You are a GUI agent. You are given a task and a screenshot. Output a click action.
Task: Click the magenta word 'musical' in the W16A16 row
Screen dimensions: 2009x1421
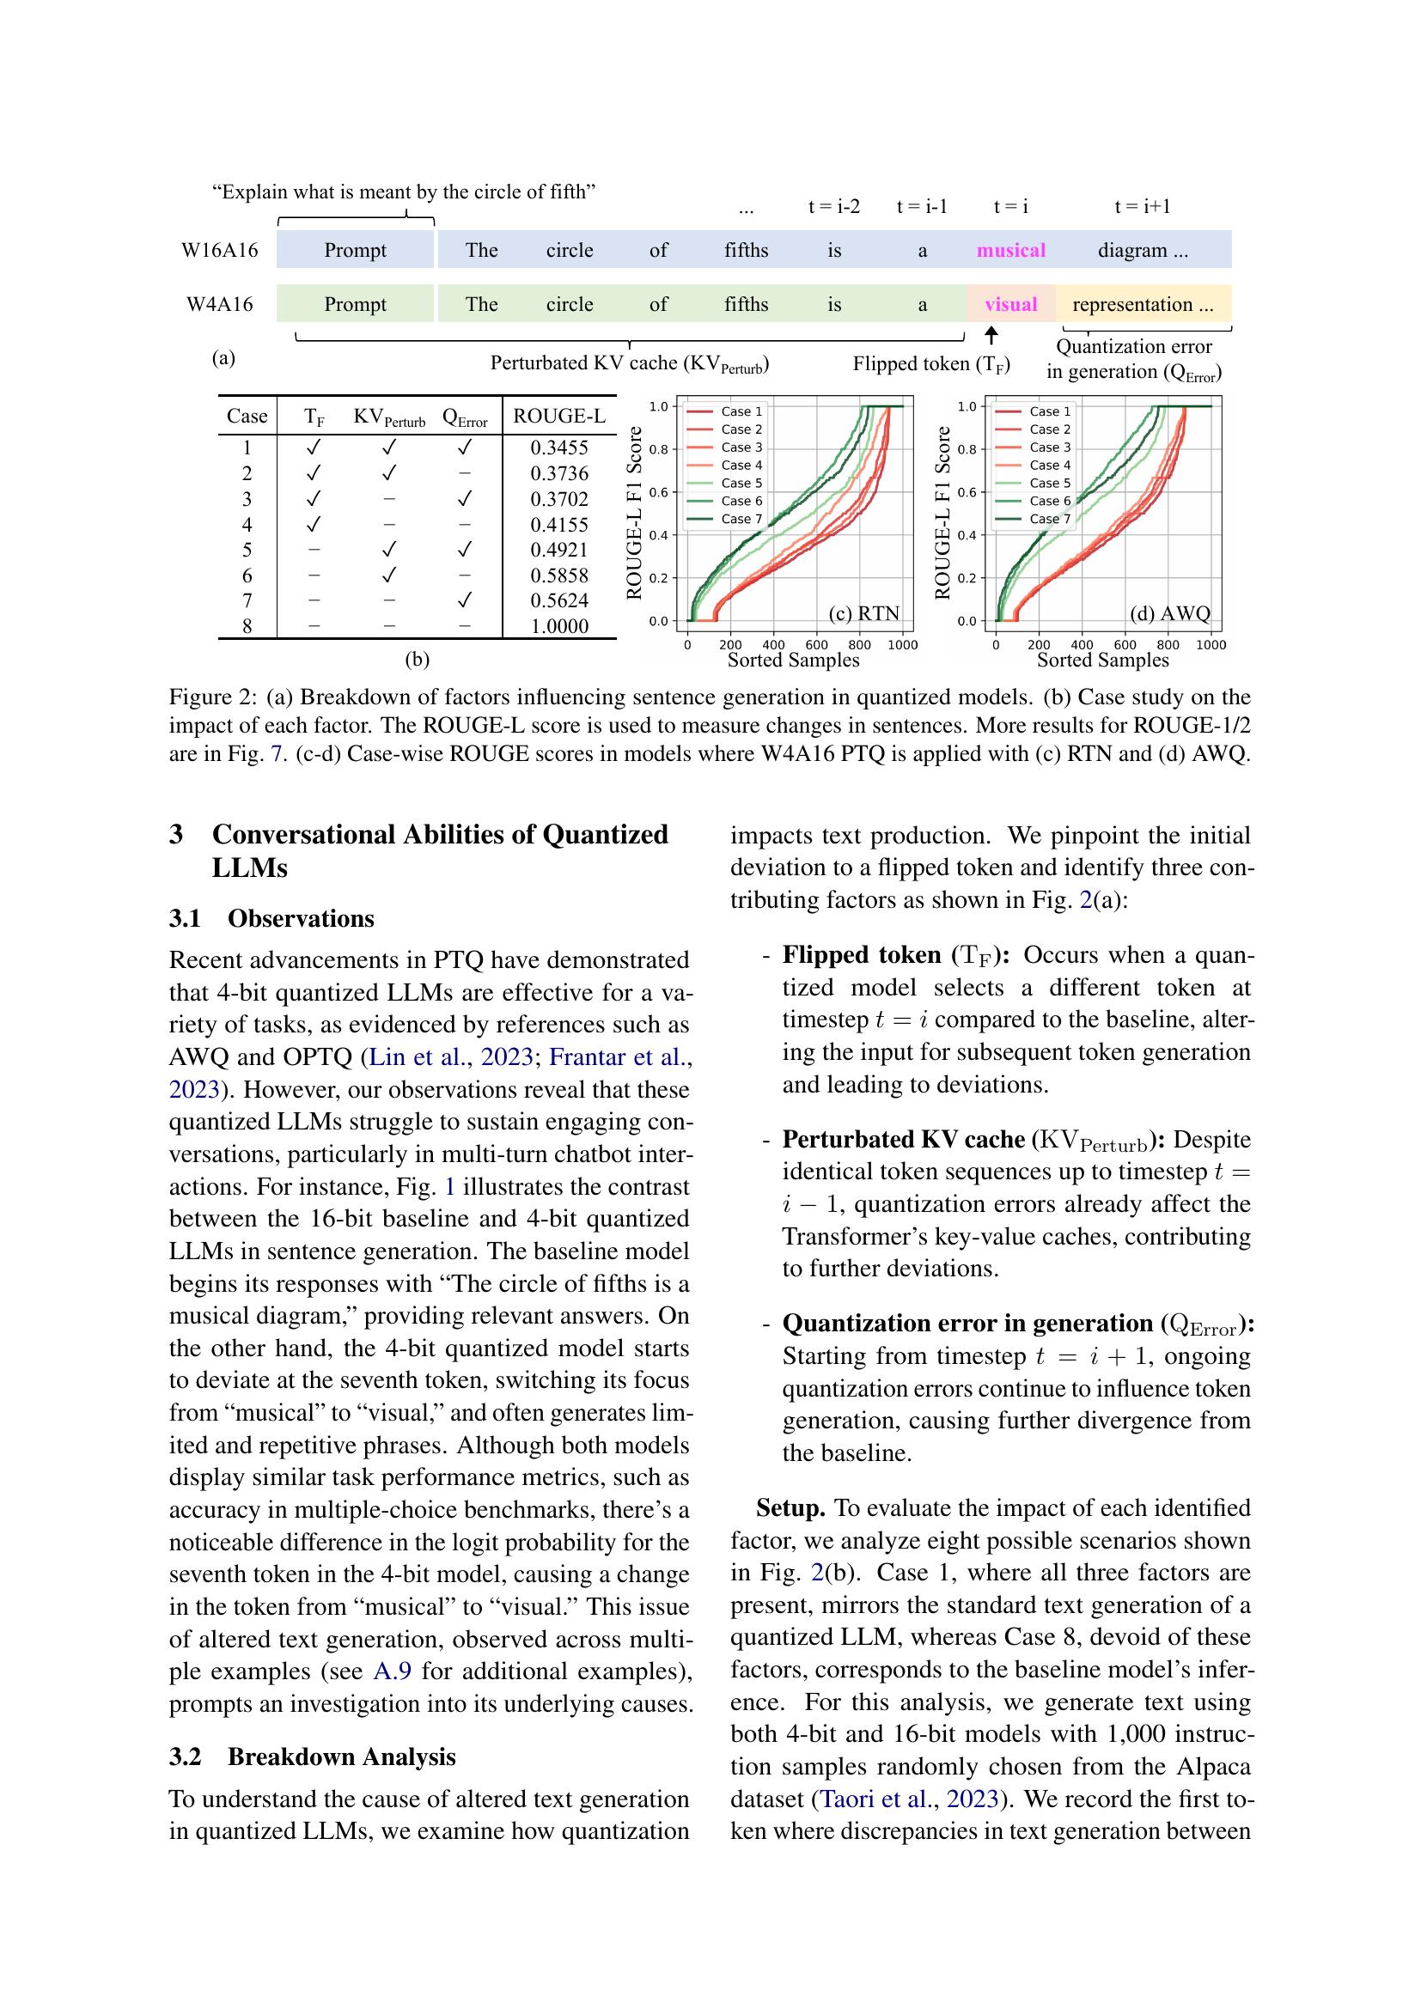(x=1010, y=250)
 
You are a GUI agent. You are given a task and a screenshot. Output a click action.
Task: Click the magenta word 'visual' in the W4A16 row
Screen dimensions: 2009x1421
(x=1010, y=305)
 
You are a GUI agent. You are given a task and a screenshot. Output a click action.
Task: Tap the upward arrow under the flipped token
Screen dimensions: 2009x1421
(x=991, y=336)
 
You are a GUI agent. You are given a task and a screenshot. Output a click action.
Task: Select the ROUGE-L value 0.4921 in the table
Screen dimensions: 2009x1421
(x=559, y=550)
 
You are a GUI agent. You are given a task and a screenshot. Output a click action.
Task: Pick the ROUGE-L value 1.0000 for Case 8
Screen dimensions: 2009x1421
(x=559, y=625)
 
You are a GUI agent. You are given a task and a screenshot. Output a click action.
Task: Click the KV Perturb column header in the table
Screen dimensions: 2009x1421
(x=388, y=417)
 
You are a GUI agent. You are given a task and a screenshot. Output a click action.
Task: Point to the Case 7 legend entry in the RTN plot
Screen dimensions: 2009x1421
(x=741, y=519)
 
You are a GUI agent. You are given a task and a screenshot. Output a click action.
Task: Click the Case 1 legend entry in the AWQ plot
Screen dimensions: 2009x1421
(x=1048, y=411)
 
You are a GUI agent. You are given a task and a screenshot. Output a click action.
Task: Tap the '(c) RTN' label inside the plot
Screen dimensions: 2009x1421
(x=863, y=612)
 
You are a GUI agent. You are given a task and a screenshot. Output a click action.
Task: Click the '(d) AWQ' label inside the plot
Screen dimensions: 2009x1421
(x=1170, y=612)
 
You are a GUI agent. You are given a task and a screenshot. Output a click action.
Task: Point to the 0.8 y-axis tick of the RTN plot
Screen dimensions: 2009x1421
(x=659, y=450)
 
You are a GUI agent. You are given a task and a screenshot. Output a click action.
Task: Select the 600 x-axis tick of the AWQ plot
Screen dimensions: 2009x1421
(x=1125, y=645)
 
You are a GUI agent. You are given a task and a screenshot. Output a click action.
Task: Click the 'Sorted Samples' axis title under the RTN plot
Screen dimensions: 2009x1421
(x=794, y=661)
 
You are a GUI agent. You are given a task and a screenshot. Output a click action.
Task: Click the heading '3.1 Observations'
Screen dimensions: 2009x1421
(x=271, y=918)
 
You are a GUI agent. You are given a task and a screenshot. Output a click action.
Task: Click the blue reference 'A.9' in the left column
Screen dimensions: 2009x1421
(x=392, y=1671)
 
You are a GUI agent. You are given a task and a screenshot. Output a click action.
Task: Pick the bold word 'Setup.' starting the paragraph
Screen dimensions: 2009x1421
(x=791, y=1507)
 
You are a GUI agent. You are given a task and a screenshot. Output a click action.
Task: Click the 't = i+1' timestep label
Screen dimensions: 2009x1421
(x=1142, y=206)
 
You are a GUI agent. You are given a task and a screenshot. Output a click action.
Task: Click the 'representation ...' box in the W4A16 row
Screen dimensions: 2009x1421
(x=1143, y=305)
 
